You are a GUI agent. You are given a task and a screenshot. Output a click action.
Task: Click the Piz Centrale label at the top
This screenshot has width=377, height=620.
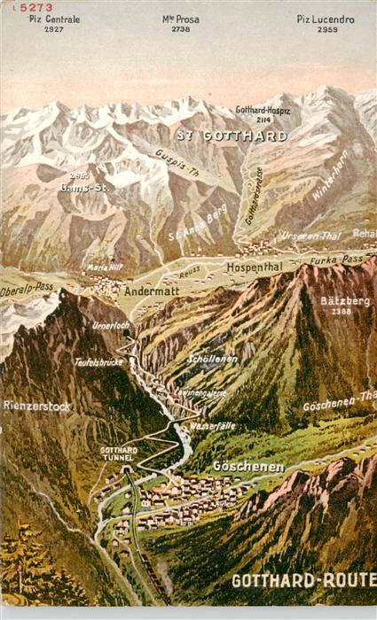coord(55,19)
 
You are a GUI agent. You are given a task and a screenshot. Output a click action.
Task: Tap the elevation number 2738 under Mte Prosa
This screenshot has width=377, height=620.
coord(181,29)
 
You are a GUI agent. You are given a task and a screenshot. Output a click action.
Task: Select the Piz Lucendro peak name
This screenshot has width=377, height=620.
coord(326,19)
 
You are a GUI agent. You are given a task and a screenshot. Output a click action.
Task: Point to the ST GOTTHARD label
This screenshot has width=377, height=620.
coord(232,136)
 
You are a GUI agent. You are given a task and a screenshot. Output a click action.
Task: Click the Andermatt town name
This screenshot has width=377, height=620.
coord(153,290)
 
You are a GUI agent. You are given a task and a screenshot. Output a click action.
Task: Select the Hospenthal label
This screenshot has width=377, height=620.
coord(254,266)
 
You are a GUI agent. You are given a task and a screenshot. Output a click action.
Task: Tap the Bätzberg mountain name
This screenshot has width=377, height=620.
coord(345,301)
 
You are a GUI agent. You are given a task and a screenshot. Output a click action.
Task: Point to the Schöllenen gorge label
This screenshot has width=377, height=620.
coord(212,360)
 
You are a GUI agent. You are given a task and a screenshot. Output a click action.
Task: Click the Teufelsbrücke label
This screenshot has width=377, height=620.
coord(97,361)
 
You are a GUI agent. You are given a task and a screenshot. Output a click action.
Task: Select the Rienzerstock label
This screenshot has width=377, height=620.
coord(37,406)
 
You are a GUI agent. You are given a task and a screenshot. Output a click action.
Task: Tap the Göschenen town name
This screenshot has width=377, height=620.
coord(248,466)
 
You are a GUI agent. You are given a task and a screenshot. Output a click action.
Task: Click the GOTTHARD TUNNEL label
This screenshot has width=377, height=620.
coord(119,454)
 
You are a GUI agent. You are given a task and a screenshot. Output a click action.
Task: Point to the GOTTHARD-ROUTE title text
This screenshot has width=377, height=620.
coord(303,580)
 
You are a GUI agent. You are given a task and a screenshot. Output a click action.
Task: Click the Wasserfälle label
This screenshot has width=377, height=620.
coord(213,426)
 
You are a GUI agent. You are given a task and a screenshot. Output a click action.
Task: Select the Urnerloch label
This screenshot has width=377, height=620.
coord(111,325)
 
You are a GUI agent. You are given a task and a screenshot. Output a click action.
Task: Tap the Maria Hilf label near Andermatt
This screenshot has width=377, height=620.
coord(104,266)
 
